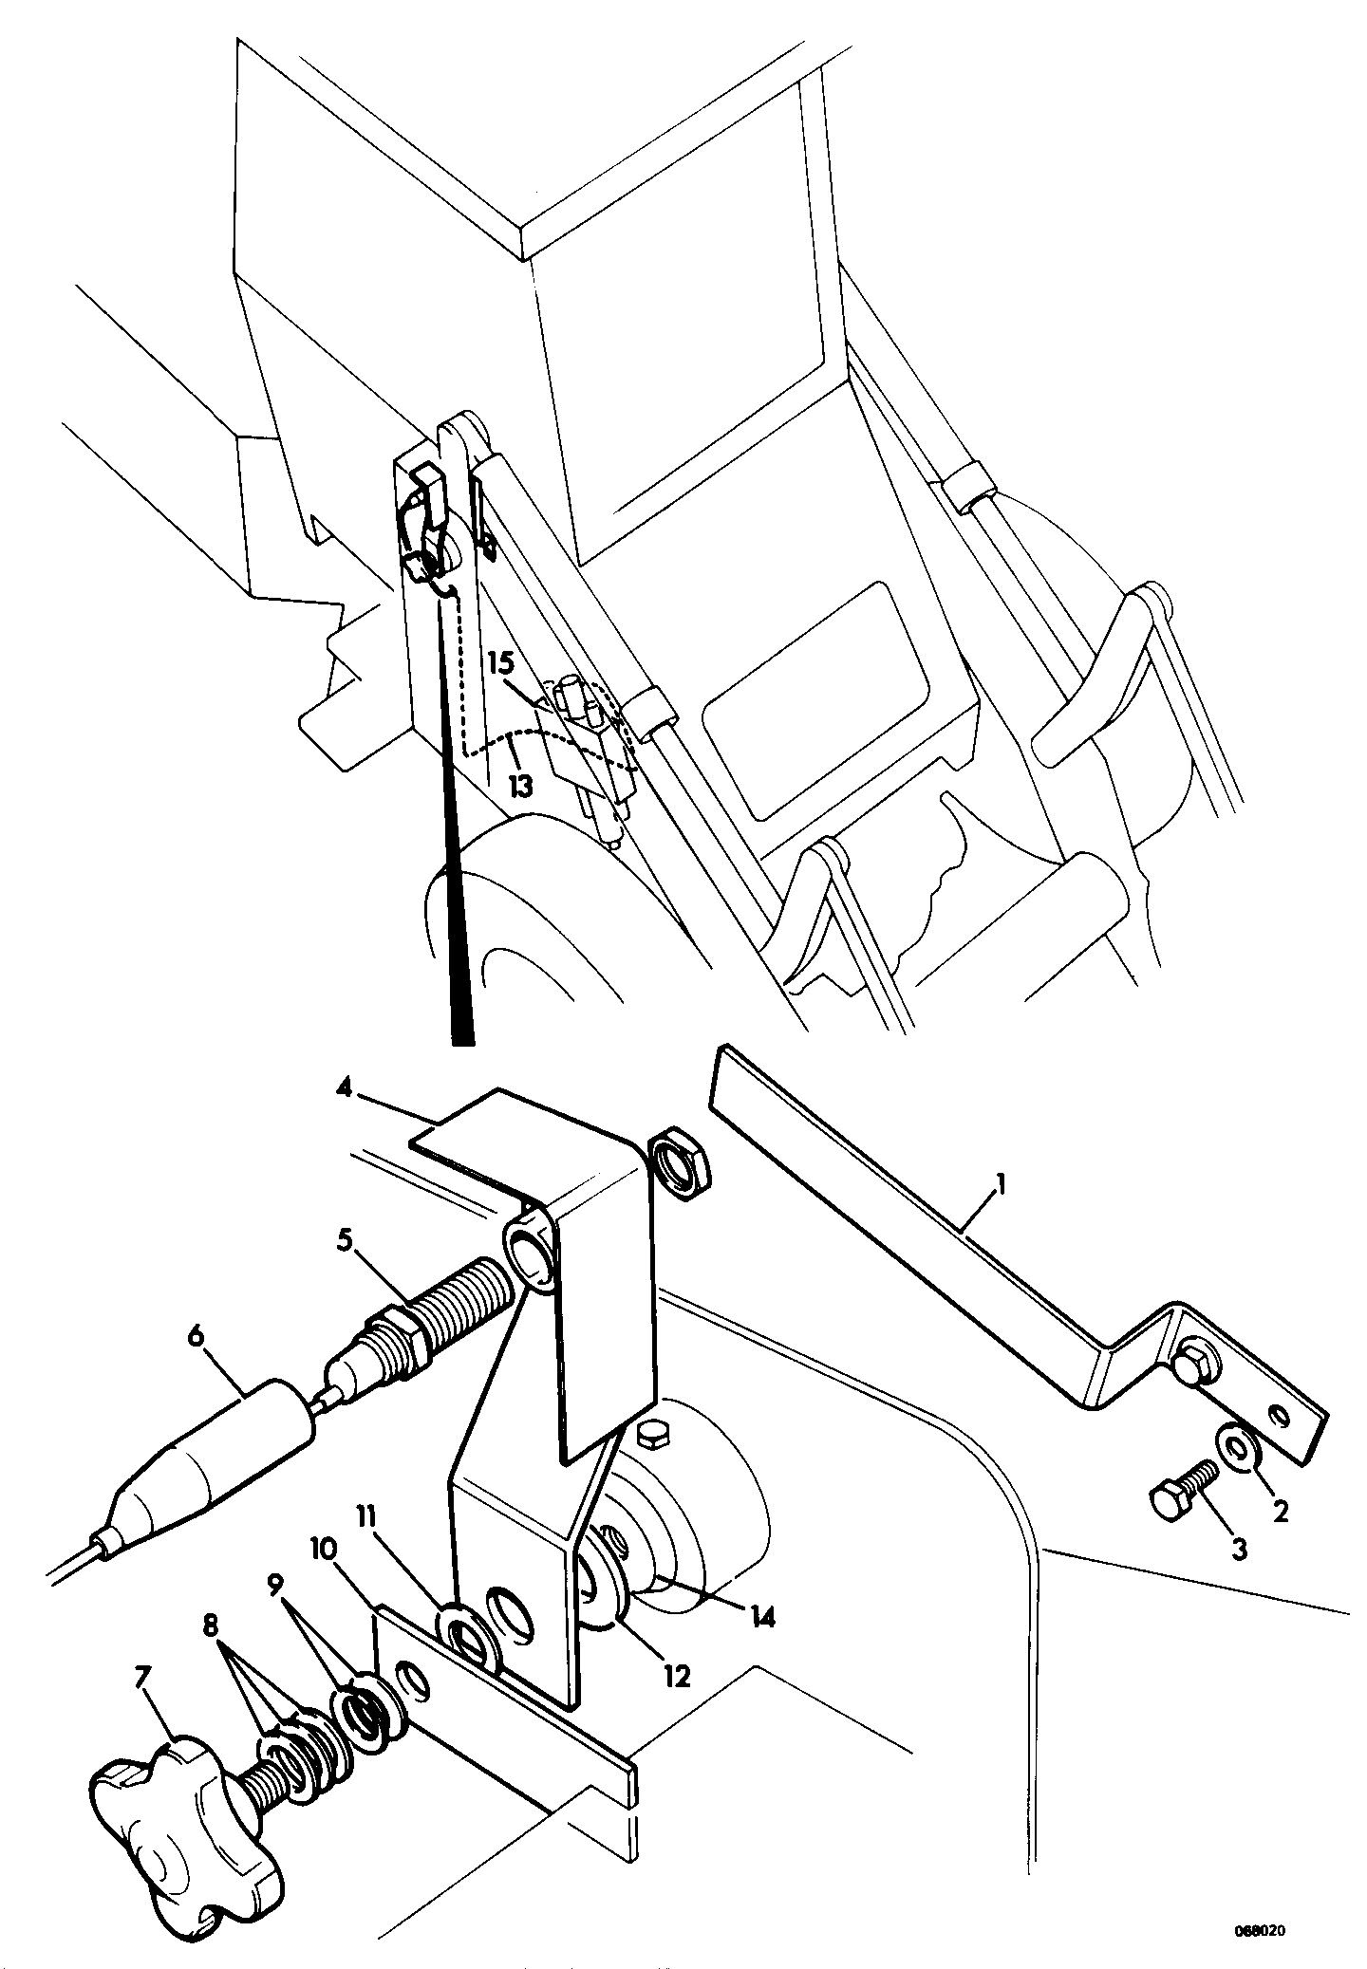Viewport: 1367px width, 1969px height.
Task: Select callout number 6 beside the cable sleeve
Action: [x=196, y=1337]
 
